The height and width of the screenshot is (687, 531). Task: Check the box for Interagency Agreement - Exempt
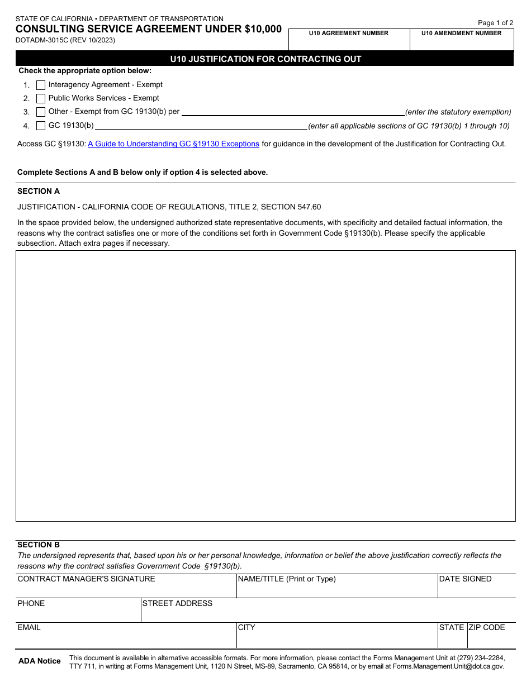tap(41, 85)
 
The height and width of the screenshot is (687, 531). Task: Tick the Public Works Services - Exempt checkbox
tap(41, 98)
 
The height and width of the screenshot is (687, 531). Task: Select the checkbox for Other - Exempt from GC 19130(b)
tap(41, 112)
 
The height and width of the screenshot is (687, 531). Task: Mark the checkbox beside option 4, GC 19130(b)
tap(41, 126)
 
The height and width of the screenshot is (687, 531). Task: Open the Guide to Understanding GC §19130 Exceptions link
tap(173, 144)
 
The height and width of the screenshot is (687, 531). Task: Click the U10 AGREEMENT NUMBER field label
tap(348, 34)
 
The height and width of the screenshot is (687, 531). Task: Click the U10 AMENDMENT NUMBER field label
tap(461, 34)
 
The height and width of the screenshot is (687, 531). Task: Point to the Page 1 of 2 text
tap(495, 23)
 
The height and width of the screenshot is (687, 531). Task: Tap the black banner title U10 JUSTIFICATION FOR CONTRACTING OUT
tap(265, 59)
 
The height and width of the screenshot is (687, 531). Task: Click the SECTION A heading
tap(39, 191)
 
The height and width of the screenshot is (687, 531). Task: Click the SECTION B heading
tap(39, 545)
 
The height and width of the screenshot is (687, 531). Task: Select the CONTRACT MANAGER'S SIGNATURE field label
tap(86, 579)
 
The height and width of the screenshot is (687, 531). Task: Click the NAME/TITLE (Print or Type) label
tap(287, 579)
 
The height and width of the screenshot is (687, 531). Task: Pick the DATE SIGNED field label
tap(465, 579)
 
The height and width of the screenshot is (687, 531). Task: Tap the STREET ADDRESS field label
tap(177, 604)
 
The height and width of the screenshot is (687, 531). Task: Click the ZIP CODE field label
tap(486, 628)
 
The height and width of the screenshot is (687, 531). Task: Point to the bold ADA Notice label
tap(40, 661)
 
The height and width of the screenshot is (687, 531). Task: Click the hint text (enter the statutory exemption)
tap(458, 112)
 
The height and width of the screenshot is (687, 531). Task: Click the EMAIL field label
tap(29, 628)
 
